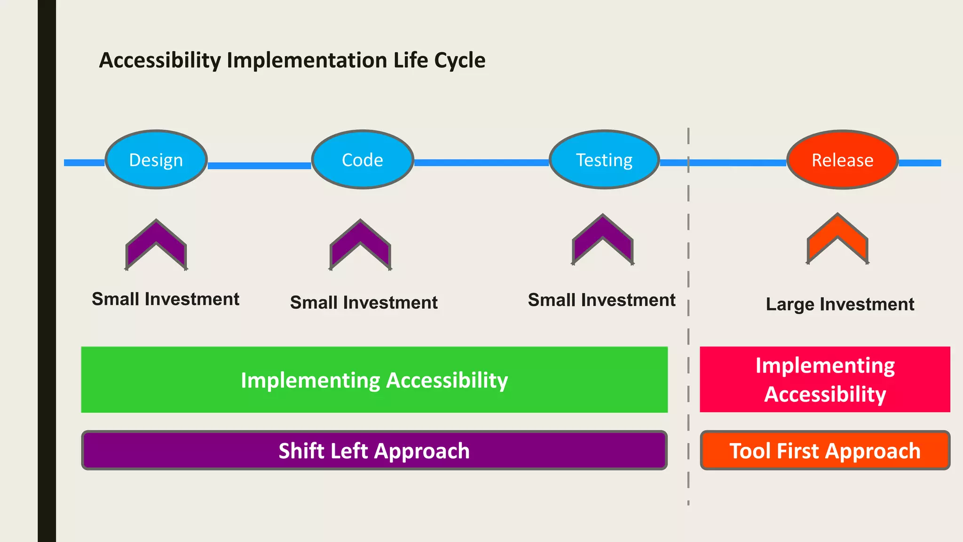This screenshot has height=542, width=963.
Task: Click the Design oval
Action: [x=156, y=160]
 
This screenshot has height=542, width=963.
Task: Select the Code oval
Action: [x=363, y=160]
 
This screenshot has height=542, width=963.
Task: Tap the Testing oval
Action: [x=604, y=160]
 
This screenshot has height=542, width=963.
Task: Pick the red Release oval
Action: [x=842, y=160]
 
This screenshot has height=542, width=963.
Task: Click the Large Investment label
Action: [x=840, y=304]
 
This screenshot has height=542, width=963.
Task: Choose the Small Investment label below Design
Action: [x=166, y=299]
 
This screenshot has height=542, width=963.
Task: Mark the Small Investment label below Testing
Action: [x=601, y=300]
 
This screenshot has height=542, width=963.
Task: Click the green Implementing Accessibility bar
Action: [x=374, y=380]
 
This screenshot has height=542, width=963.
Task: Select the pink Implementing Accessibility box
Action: [x=825, y=380]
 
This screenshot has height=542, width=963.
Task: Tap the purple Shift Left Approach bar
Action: [x=374, y=451]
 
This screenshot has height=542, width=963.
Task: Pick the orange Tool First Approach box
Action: [x=825, y=451]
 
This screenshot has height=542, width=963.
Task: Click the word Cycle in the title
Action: [x=459, y=60]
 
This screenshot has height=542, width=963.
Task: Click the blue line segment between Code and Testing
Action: [x=481, y=163]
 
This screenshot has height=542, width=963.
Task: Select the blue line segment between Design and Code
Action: [x=259, y=166]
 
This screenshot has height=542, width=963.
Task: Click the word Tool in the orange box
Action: [x=750, y=451]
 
